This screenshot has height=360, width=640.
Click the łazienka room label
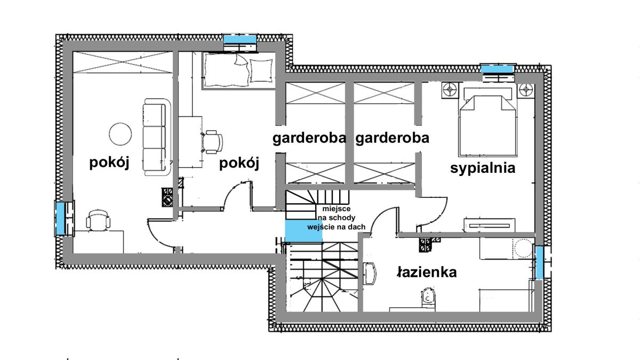coord(427,273)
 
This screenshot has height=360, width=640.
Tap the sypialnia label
coord(483,169)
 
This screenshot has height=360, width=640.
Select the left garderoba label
coord(309,139)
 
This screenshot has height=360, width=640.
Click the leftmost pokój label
coord(110,163)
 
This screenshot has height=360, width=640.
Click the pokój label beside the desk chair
coord(239,164)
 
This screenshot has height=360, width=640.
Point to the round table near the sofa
coord(120,133)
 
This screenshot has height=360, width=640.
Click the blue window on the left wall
coord(61,218)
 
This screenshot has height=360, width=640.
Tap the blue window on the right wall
coord(540,262)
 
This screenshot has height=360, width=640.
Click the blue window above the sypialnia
coord(497,69)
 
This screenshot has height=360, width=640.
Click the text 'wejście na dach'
coord(336,227)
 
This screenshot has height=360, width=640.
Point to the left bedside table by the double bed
coord(449,89)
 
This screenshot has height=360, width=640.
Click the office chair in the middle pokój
coord(213,141)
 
